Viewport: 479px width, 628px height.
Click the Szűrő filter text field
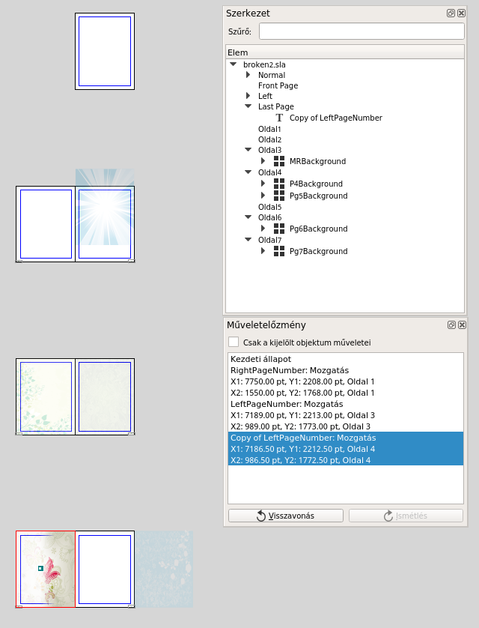[x=361, y=31]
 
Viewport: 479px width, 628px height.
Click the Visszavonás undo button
[x=285, y=516]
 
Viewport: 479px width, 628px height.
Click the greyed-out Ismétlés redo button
[x=406, y=516]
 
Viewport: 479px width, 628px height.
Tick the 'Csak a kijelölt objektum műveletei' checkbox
[x=234, y=342]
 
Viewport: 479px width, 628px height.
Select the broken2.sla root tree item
[x=264, y=64]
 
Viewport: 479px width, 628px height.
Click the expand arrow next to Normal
[x=248, y=75]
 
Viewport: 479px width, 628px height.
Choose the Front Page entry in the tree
[x=278, y=85]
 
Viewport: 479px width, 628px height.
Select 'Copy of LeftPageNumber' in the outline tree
[x=336, y=118]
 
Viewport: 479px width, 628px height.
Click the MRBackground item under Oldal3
[x=317, y=161]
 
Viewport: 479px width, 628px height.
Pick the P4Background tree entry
[x=316, y=184]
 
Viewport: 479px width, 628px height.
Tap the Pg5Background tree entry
[x=318, y=196]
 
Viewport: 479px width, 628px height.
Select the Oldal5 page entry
[x=269, y=207]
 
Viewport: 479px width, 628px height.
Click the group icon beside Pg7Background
[x=279, y=251]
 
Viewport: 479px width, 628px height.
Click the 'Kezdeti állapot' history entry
[x=260, y=359]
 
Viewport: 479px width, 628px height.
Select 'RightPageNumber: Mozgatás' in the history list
[x=290, y=370]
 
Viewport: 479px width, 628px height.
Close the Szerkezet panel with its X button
[x=461, y=13]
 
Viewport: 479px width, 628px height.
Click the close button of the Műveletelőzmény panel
[x=462, y=324]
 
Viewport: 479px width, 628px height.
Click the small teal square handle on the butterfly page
[x=40, y=568]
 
